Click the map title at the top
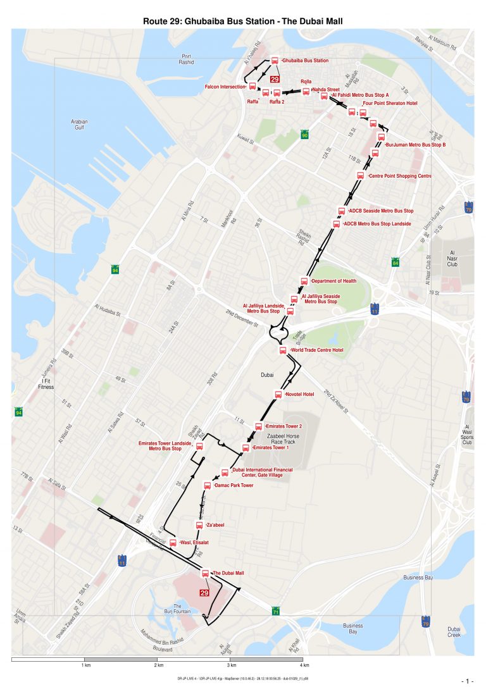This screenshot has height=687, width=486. (x=243, y=21)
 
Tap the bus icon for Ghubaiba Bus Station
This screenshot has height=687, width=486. (x=275, y=61)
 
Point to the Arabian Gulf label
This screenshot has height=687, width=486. (x=79, y=125)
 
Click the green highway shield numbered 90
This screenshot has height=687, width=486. (x=304, y=135)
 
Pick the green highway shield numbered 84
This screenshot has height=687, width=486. (x=396, y=262)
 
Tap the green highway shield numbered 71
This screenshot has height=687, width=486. (x=276, y=612)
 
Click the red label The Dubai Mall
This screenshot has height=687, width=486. (x=228, y=573)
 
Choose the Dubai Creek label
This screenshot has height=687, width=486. (x=454, y=632)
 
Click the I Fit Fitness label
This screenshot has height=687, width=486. (x=46, y=383)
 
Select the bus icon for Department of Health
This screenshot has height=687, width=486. (x=304, y=281)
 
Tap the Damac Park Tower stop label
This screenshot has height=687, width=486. (x=234, y=485)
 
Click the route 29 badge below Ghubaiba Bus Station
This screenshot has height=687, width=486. (x=275, y=79)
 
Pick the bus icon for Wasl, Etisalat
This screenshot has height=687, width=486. (x=173, y=543)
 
